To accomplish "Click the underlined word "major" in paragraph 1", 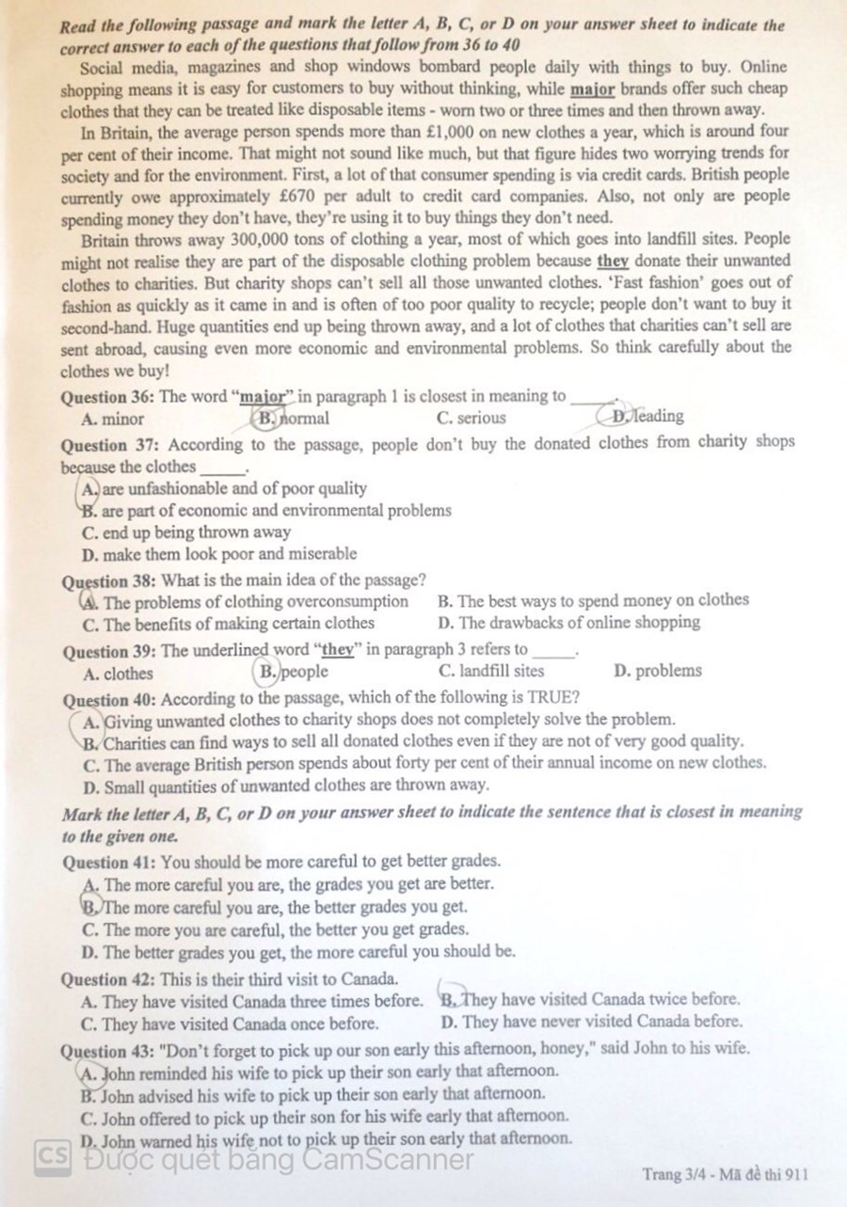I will [x=593, y=90].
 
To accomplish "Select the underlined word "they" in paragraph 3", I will [x=613, y=262].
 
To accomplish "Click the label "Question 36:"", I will [x=108, y=397].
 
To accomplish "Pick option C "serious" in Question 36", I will [x=471, y=418].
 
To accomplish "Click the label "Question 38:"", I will [x=108, y=580].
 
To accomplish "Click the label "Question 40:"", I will [x=108, y=700].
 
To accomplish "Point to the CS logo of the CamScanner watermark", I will [x=53, y=1158].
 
